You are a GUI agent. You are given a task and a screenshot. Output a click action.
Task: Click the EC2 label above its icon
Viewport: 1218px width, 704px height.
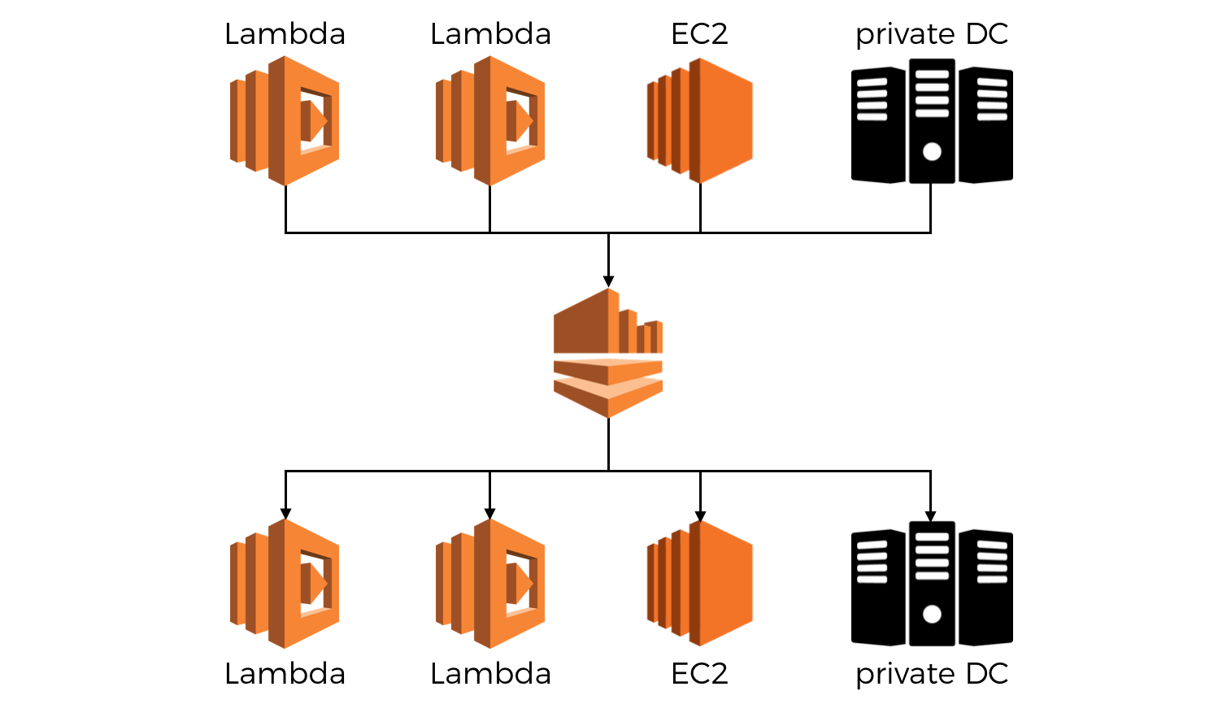(699, 34)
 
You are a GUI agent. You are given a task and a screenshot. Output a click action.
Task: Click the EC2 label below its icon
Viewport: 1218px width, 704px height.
(699, 674)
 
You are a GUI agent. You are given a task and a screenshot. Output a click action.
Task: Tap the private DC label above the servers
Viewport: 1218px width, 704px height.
(932, 34)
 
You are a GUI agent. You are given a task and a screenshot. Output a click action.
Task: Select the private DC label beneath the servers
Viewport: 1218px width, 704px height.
(932, 674)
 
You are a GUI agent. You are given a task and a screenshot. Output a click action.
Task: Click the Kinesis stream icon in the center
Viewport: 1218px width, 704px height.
(608, 354)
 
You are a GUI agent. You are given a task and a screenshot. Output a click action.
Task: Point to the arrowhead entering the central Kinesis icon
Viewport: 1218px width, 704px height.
(608, 281)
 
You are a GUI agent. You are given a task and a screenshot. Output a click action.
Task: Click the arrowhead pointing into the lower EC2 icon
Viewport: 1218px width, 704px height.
(700, 515)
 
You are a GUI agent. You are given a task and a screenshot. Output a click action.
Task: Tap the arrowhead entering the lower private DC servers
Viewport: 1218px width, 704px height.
(930, 515)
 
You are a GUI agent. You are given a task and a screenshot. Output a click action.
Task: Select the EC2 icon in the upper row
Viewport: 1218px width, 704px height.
(700, 120)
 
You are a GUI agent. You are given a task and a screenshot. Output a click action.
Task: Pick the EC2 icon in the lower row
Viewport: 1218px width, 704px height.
(700, 584)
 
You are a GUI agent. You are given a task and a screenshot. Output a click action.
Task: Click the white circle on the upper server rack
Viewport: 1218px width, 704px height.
(932, 151)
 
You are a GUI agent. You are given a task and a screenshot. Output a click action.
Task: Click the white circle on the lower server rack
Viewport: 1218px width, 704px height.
(932, 614)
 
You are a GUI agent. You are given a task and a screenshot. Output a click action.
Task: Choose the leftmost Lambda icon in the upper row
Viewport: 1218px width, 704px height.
(285, 120)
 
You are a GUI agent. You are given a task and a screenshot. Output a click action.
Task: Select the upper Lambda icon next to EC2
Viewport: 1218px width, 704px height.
(490, 120)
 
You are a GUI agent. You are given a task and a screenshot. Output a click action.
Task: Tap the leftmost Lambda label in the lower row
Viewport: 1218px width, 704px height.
(285, 674)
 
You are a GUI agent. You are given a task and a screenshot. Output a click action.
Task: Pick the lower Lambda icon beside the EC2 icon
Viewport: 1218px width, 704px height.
(490, 584)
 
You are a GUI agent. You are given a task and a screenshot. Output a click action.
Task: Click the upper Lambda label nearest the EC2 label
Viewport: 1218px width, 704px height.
(490, 34)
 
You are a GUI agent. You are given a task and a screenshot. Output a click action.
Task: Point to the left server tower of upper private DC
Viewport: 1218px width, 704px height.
(877, 125)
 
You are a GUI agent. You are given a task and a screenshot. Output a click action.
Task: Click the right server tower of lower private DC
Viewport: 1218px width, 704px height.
(985, 587)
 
